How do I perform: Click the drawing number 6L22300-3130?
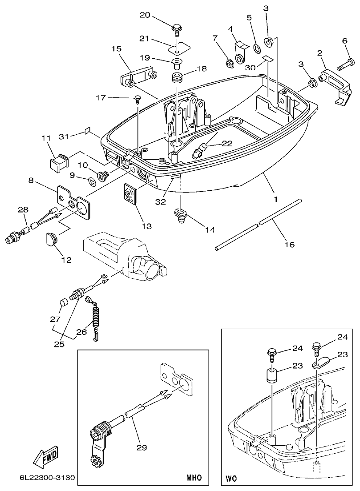pyautogui.click(x=46, y=479)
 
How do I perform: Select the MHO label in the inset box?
pyautogui.click(x=194, y=478)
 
